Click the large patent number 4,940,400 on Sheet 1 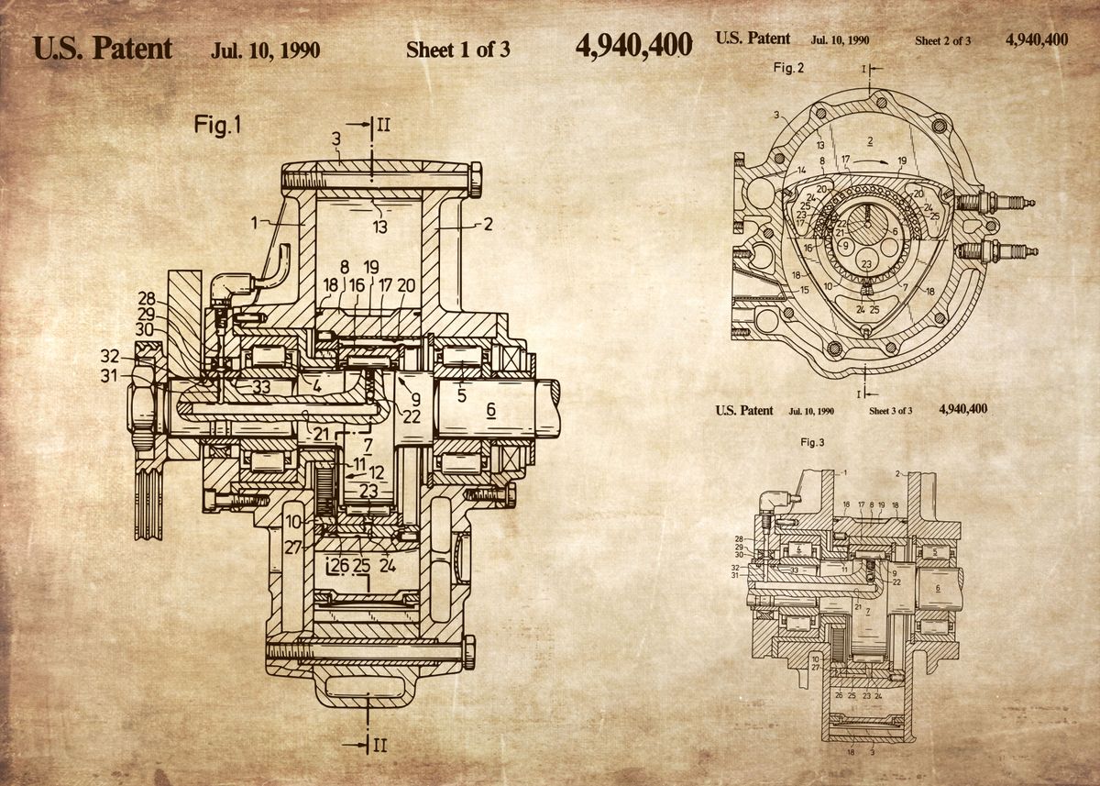coord(633,47)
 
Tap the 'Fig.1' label coord(217,125)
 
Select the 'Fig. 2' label coord(788,68)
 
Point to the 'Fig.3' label coord(812,443)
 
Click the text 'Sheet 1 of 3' coord(457,50)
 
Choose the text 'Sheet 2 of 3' coord(942,40)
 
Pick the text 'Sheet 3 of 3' coord(890,411)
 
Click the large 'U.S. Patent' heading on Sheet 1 coord(103,48)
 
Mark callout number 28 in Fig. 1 coord(147,299)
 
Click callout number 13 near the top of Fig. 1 coord(379,227)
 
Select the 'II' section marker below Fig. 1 coord(379,744)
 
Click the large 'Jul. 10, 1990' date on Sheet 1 coord(265,50)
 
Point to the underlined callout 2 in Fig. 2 coord(869,138)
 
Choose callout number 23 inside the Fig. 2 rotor coord(865,264)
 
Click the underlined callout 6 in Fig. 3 coord(937,587)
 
